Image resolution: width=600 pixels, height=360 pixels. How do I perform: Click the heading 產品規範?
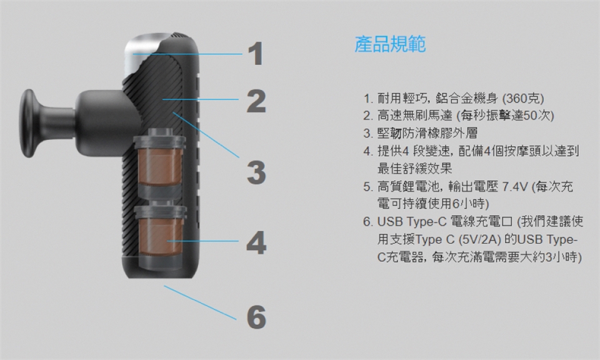pos(390,45)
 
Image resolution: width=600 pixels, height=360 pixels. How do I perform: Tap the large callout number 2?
pos(256,101)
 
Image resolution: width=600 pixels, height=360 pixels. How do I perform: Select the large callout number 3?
pos(256,172)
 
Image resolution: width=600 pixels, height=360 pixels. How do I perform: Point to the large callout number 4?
pos(256,242)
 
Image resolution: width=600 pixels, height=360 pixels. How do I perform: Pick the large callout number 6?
pos(256,317)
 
